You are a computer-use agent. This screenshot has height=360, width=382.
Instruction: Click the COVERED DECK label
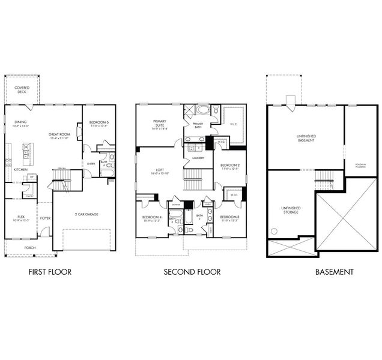click(x=22, y=90)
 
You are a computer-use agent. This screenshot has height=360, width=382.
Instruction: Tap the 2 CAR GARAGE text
click(x=87, y=214)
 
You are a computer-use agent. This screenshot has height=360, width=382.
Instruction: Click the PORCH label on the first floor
click(x=29, y=247)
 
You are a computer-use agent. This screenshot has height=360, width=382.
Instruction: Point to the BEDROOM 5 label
click(x=99, y=123)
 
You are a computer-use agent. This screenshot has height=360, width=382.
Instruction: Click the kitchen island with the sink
click(x=27, y=154)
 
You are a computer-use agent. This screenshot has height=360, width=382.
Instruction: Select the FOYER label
click(x=45, y=218)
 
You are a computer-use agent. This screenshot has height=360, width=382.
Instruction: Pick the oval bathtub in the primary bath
click(x=202, y=110)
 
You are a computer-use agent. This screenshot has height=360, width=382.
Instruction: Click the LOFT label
click(x=160, y=171)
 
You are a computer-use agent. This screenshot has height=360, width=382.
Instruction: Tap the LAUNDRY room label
click(x=198, y=158)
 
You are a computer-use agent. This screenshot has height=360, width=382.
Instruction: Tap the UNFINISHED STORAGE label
click(x=291, y=211)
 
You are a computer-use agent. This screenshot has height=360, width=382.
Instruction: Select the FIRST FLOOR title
click(x=50, y=272)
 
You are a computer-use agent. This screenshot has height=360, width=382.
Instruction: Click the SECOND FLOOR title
click(x=192, y=272)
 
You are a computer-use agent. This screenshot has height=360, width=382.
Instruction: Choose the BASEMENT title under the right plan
click(x=334, y=272)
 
